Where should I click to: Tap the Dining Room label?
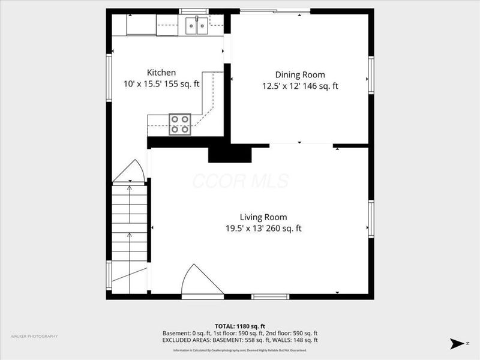pyautogui.click(x=300, y=74)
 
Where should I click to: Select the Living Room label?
pyautogui.click(x=263, y=217)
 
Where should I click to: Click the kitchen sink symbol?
pyautogui.click(x=196, y=25)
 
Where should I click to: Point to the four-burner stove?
pyautogui.click(x=179, y=124)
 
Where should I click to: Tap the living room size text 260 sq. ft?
pyautogui.click(x=284, y=228)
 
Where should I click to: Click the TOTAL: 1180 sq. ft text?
pyautogui.click(x=240, y=325)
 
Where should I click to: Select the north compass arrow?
pyautogui.click(x=457, y=343)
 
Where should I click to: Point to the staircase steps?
pyautogui.click(x=130, y=228)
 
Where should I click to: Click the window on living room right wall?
pyautogui.click(x=371, y=219)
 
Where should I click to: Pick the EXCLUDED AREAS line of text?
pyautogui.click(x=240, y=340)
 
